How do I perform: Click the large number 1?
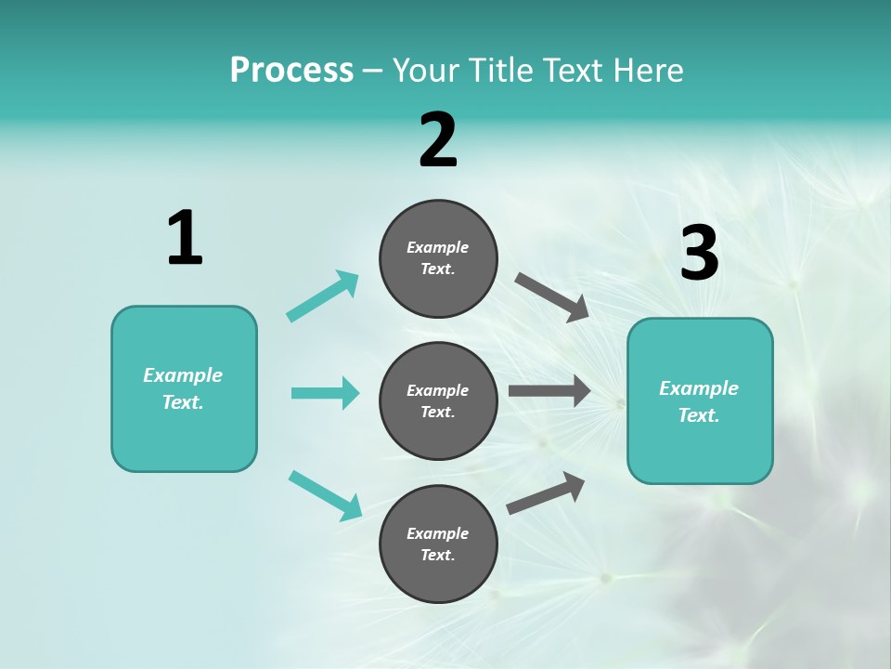[185, 239]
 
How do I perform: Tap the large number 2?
[438, 140]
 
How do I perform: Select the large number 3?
[699, 254]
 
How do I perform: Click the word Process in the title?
[291, 70]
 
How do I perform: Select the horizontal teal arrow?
[325, 393]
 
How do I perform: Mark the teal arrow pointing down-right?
[326, 494]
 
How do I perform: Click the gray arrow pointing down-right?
[552, 297]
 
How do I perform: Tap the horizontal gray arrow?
[549, 391]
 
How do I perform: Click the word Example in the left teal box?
[183, 375]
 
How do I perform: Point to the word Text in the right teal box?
[699, 415]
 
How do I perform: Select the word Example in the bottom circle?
[437, 533]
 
